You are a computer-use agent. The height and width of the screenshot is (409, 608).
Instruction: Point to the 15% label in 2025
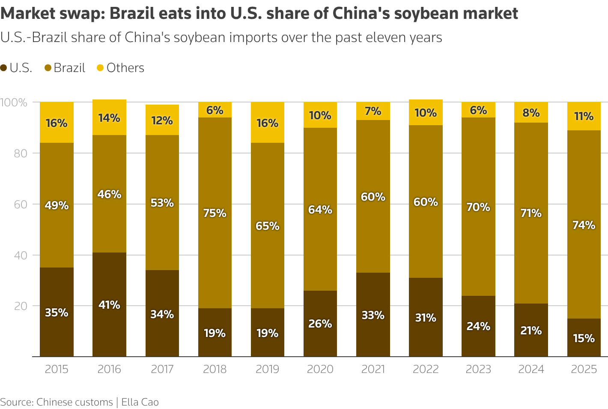coord(584,338)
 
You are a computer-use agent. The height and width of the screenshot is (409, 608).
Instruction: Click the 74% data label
coord(584,225)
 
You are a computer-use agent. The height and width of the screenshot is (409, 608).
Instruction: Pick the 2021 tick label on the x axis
coord(373,369)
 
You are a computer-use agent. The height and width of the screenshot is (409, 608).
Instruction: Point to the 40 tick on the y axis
coord(21,256)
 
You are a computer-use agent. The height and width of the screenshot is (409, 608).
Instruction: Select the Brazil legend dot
coord(48,68)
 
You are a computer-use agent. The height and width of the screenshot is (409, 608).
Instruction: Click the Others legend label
coord(125,68)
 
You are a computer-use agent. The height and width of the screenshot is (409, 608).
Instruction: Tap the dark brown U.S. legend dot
coord(4,68)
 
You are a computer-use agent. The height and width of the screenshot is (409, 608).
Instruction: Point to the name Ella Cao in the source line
coord(140,402)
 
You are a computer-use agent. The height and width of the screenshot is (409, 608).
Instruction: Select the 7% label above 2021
coord(373,111)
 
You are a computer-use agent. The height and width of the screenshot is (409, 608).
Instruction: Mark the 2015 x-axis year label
coord(57,369)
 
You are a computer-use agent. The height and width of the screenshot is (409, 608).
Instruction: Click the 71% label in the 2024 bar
coord(531,213)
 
